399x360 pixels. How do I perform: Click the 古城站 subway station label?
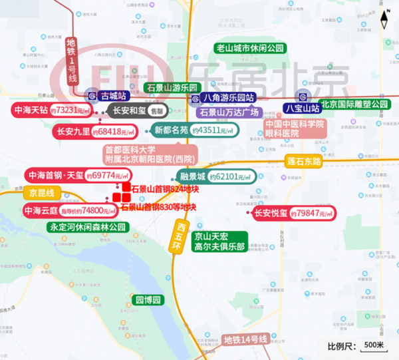(112, 96)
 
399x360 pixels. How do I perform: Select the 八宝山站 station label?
(303, 107)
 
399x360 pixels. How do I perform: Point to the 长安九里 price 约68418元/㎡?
(114, 132)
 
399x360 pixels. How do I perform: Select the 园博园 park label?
(147, 300)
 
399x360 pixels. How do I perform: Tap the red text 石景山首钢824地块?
(165, 190)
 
